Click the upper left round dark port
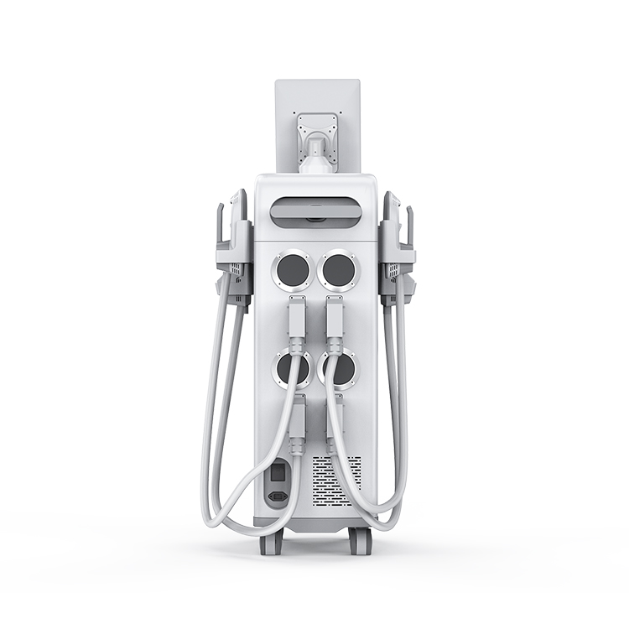click(x=292, y=272)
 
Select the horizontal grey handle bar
click(x=314, y=206)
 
